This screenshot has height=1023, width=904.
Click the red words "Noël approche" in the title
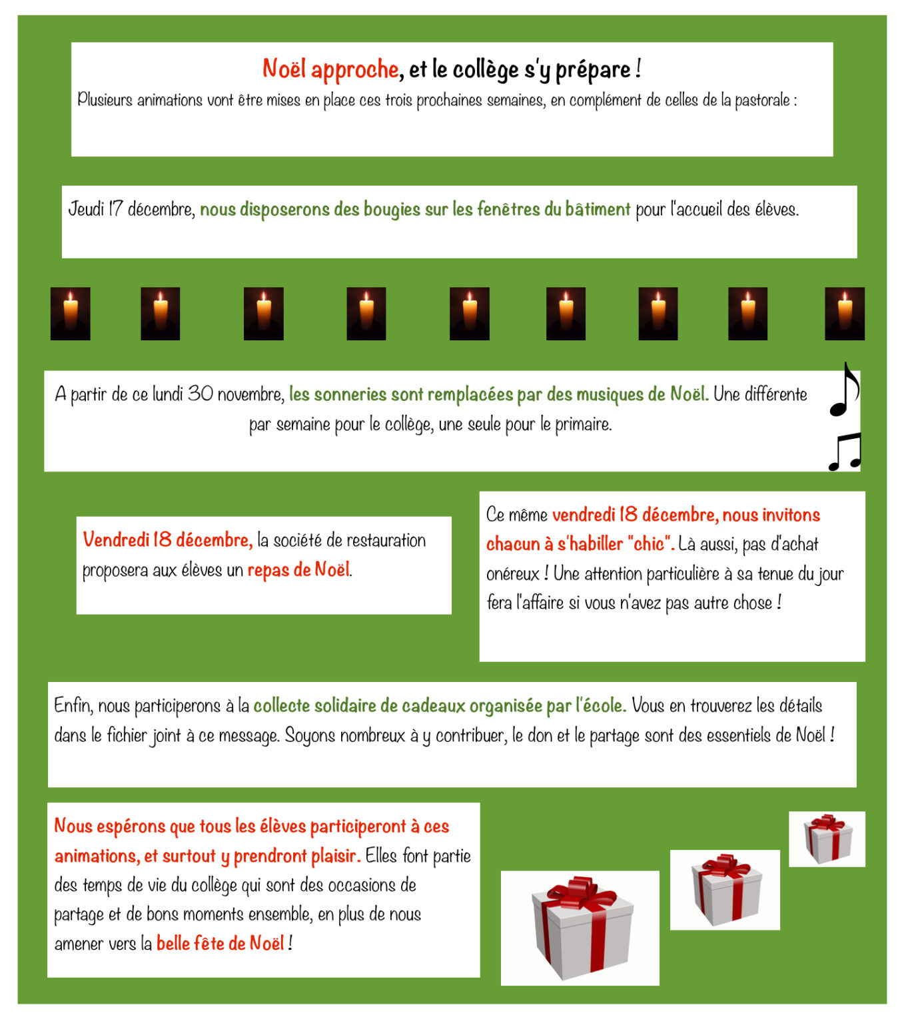[x=330, y=69]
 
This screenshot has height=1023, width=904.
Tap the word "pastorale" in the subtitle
[x=761, y=100]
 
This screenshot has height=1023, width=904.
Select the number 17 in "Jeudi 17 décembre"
[x=116, y=208]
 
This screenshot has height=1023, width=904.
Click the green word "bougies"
[x=330, y=210]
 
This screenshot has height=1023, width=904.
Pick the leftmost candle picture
[x=70, y=314]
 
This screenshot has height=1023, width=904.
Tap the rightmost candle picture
[x=845, y=314]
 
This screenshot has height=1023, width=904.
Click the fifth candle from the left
[x=469, y=314]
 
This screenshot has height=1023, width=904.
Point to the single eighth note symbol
[x=844, y=390]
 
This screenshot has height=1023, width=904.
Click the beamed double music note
[x=845, y=452]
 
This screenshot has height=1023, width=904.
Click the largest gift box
[x=583, y=928]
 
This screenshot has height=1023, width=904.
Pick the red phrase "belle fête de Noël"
[x=221, y=943]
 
